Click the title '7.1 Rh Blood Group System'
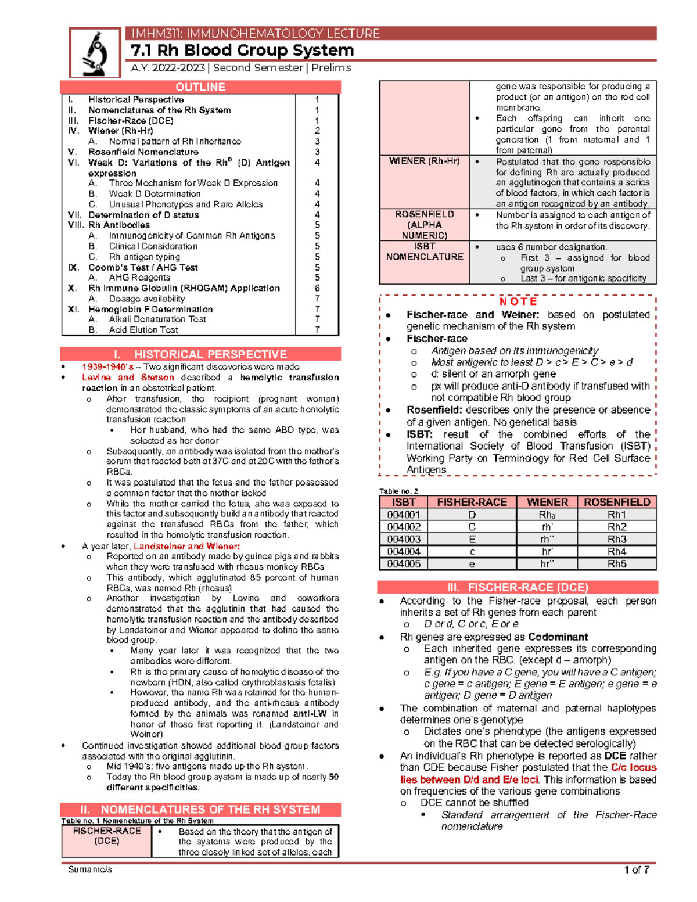coord(242,51)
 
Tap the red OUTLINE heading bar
coord(200,87)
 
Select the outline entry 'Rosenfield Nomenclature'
coord(143,152)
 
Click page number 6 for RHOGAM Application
coord(317,288)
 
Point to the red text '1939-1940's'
coord(107,367)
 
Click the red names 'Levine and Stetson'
coord(128,378)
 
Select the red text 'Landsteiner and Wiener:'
coord(186,546)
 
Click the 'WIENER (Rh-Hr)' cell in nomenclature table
coord(424,161)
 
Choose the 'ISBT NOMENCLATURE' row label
coord(425,251)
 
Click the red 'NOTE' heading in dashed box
coord(518,301)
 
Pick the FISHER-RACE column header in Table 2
coord(472,502)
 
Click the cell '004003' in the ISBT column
coord(404,539)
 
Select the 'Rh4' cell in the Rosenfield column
coord(617,552)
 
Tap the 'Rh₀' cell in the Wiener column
coord(547,515)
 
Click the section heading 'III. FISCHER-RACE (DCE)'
coord(518,587)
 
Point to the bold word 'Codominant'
coord(558,637)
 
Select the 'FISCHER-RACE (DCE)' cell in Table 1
coord(107,836)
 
